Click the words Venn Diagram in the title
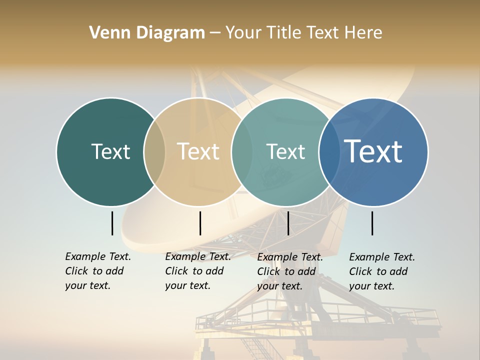(146, 33)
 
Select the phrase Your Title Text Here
(303, 33)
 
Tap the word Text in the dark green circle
(110, 151)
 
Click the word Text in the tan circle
(198, 151)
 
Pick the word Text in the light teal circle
(285, 151)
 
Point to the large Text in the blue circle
(373, 151)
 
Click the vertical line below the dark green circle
(112, 223)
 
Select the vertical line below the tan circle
(200, 223)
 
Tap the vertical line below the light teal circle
(288, 223)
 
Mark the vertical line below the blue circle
(372, 223)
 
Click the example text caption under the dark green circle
(97, 271)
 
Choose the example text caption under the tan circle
(197, 271)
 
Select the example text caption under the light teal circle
(289, 271)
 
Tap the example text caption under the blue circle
(381, 271)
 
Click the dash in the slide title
(215, 33)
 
